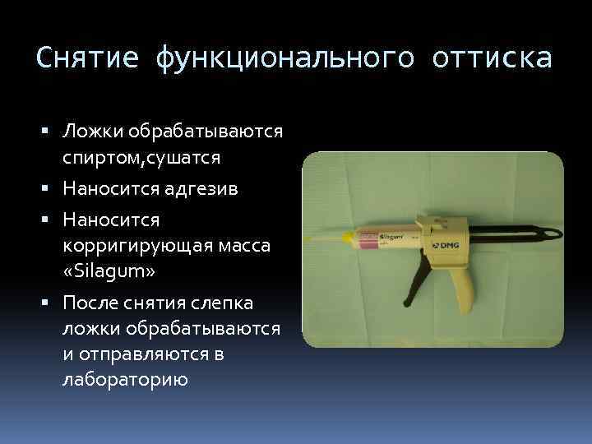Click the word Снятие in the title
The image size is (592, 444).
88,59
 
